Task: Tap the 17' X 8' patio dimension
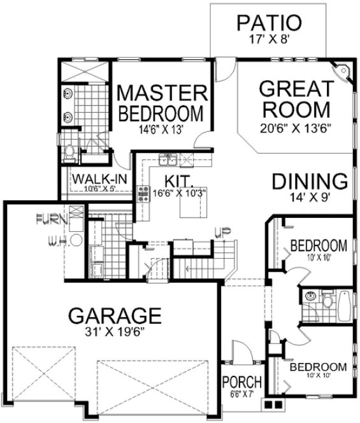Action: click(268, 38)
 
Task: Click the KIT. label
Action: click(169, 180)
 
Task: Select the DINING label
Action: click(310, 181)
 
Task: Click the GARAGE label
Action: click(114, 315)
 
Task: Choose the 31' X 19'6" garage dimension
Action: click(114, 333)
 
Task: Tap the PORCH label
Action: click(241, 382)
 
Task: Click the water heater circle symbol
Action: click(75, 240)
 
